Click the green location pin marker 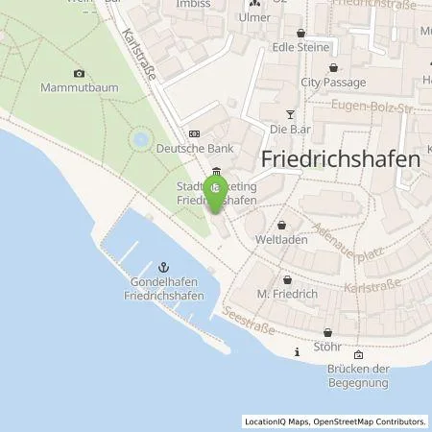218,189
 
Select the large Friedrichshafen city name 341,160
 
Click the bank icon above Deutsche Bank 195,134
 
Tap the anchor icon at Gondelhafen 163,266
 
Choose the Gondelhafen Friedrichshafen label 163,288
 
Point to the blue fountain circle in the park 141,140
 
